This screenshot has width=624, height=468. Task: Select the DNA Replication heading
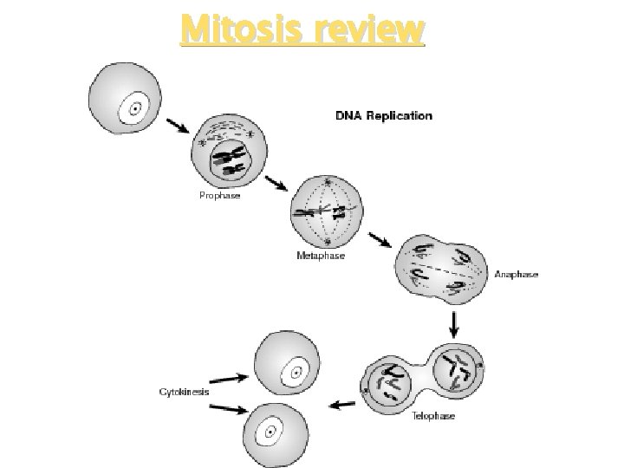coord(384,115)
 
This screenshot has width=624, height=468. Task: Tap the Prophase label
coord(220,196)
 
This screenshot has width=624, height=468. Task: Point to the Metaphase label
coord(321,257)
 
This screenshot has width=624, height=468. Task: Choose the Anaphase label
coord(517,274)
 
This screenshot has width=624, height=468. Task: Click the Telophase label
coord(432,416)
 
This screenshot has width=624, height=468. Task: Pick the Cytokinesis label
coord(184,392)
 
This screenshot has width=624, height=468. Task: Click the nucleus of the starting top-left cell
coord(134,109)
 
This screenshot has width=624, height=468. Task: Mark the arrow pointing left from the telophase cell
coord(342,403)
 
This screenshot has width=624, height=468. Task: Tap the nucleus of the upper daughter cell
coord(295,374)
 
